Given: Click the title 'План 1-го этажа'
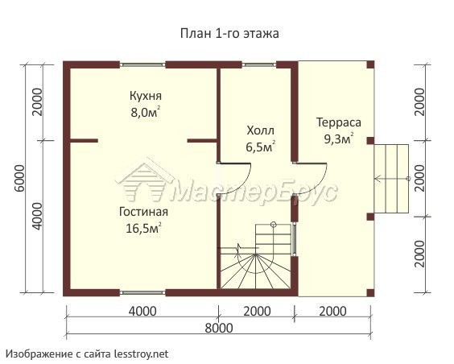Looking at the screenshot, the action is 229,33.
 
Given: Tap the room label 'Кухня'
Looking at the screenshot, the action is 146,96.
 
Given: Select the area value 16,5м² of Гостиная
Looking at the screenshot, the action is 143,228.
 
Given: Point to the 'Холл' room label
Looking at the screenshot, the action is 260,130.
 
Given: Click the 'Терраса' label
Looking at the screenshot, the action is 338,122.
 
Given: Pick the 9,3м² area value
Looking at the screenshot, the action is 338,139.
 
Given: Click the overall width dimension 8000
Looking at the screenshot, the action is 219,328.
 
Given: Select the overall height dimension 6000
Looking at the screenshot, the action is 19,178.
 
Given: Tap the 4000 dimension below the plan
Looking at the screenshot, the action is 142,312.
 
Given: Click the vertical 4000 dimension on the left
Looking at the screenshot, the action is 37,217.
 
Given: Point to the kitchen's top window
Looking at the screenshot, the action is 142,64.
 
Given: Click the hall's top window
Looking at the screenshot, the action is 259,64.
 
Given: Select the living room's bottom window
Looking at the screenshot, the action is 142,292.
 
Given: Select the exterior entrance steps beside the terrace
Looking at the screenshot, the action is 391,179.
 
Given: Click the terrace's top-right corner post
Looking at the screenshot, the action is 370,64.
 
